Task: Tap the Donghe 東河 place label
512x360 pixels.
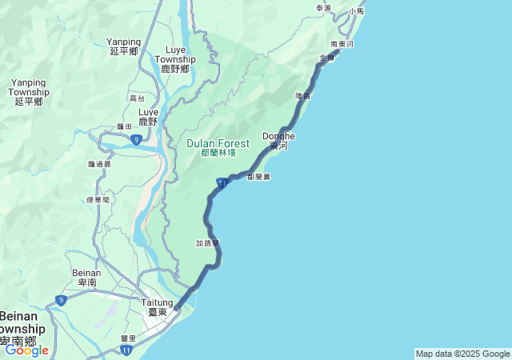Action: [278, 141]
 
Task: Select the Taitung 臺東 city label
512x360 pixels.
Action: [156, 307]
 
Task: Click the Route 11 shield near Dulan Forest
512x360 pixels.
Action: [222, 185]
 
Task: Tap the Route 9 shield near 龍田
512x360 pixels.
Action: [136, 140]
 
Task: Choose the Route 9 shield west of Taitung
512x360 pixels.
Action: [61, 300]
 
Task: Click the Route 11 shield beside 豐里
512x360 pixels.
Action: [127, 350]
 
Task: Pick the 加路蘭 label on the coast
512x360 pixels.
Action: [207, 242]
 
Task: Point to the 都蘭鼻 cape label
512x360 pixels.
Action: [259, 177]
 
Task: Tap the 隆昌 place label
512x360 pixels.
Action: [302, 96]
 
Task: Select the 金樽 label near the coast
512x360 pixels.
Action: [326, 58]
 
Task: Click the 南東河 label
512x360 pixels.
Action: [342, 44]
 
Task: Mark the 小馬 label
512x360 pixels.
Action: [357, 11]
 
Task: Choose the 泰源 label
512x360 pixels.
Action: [323, 8]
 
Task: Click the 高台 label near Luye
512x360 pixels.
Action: [137, 98]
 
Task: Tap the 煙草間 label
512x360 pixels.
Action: [98, 200]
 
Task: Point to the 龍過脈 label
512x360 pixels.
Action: [99, 164]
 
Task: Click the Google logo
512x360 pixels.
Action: [26, 350]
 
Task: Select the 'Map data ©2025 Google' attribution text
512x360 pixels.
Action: [462, 354]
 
